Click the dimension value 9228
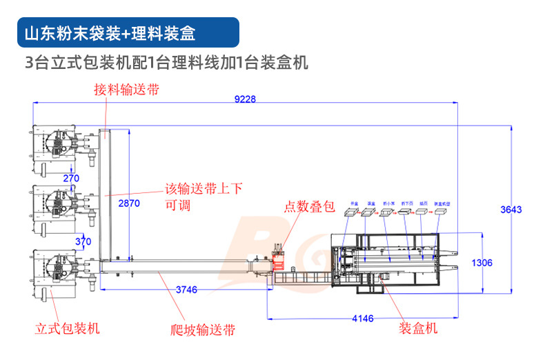[x=245, y=99]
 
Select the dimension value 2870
[x=128, y=204]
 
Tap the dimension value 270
[x=71, y=179]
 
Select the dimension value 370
[x=83, y=241]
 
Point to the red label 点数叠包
[x=310, y=206]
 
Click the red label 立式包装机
[x=67, y=328]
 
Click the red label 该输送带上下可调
[x=203, y=197]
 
